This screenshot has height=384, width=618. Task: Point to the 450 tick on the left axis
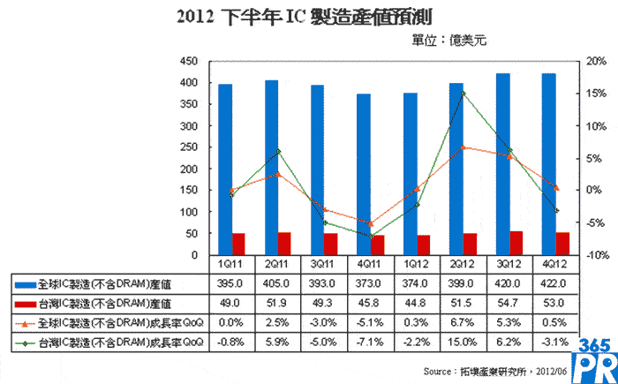(188, 62)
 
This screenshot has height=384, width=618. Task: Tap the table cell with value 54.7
(503, 304)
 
